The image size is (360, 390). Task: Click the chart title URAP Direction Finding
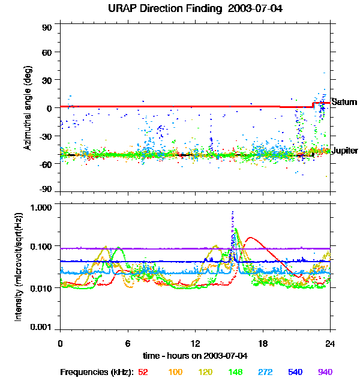[180, 9]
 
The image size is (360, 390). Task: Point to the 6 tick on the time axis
[127, 343]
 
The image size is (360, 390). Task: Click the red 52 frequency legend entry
[143, 372]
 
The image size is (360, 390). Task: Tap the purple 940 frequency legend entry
[325, 372]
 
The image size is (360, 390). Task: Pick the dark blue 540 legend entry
[295, 372]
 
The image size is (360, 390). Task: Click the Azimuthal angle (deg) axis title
[28, 108]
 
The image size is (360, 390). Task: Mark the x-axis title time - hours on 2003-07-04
[195, 356]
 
